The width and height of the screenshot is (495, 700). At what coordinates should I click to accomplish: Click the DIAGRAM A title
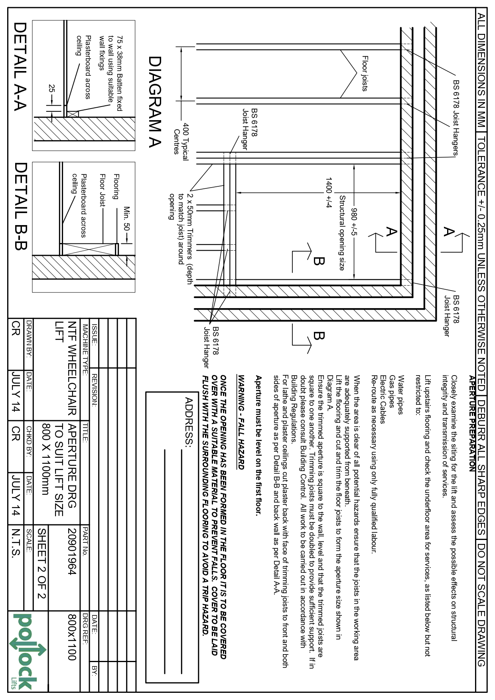click(155, 102)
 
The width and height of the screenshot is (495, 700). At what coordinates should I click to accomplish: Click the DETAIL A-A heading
click(20, 66)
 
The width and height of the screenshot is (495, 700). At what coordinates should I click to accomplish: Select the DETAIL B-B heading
click(20, 206)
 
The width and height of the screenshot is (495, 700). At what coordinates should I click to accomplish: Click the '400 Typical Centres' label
click(181, 138)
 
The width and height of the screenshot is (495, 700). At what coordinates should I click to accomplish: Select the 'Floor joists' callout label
click(365, 73)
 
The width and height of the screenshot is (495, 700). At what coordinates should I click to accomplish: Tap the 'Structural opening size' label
click(342, 233)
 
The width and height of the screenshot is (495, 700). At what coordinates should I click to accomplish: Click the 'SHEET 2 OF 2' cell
click(42, 563)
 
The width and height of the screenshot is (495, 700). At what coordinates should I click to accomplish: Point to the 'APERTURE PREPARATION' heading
click(472, 423)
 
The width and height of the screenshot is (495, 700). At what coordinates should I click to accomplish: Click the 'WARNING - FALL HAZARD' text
click(241, 421)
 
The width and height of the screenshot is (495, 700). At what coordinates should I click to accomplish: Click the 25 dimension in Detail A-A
click(51, 88)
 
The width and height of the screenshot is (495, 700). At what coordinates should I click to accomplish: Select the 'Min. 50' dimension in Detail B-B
click(127, 219)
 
